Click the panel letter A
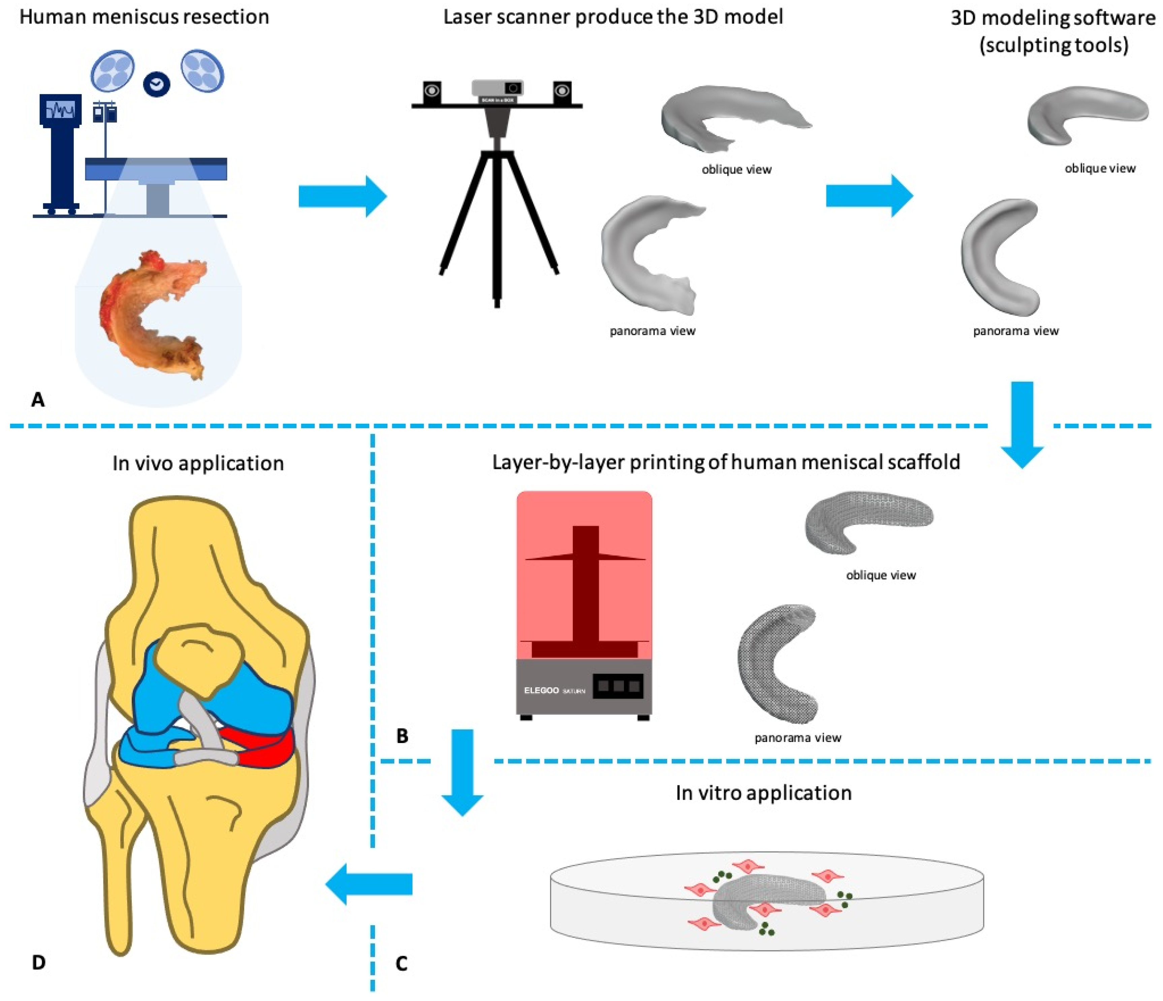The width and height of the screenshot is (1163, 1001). coord(38,399)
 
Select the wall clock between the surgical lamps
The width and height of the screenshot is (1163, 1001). coord(157,84)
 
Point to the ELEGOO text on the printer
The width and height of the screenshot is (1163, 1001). coord(541,690)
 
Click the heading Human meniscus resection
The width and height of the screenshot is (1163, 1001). coord(144,17)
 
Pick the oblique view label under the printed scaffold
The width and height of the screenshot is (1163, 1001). coord(881,575)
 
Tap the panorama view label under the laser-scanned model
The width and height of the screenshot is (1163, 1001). coord(652,331)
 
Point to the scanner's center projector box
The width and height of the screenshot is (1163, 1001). coord(497,89)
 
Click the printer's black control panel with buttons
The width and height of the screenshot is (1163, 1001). coord(618,686)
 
